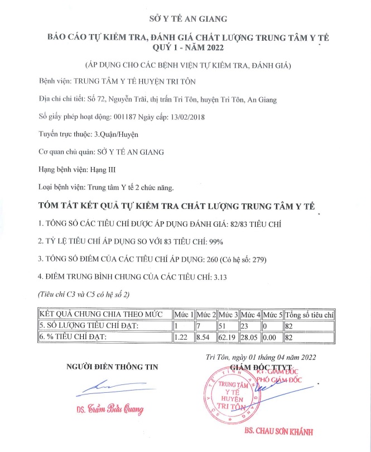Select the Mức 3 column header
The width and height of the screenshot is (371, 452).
click(228, 315)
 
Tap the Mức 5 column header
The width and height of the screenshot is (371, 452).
click(273, 315)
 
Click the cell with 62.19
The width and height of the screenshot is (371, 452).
click(228, 337)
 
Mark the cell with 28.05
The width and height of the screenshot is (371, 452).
click(250, 337)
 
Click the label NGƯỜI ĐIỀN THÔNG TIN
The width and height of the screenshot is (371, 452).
click(112, 367)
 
